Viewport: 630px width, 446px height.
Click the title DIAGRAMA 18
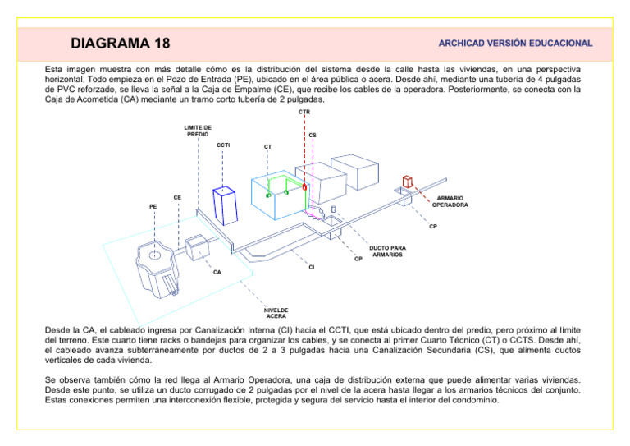click(x=121, y=43)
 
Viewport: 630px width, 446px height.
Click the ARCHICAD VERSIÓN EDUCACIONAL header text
click(x=515, y=43)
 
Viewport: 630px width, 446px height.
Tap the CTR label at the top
click(x=304, y=112)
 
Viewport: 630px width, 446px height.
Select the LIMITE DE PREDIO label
click(x=198, y=131)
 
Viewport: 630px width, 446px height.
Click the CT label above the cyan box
click(x=268, y=148)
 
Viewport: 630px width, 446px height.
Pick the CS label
click(x=313, y=136)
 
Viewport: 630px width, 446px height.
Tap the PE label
click(x=153, y=206)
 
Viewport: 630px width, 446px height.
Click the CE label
click(x=177, y=197)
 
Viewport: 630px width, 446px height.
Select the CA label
click(x=217, y=271)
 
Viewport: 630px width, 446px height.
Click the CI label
click(x=311, y=267)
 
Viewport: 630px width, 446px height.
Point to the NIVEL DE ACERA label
click(x=276, y=312)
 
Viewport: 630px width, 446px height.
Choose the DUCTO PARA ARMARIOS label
click(x=387, y=251)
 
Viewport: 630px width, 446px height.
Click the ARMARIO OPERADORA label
click(x=450, y=201)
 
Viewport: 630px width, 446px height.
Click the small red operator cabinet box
click(x=407, y=182)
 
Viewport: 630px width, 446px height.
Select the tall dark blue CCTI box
click(x=225, y=205)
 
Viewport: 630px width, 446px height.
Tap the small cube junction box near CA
click(x=198, y=246)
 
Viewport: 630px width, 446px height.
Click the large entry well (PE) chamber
click(x=157, y=265)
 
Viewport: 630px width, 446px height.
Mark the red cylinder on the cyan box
click(x=304, y=186)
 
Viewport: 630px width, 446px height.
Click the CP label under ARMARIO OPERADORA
click(x=432, y=227)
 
